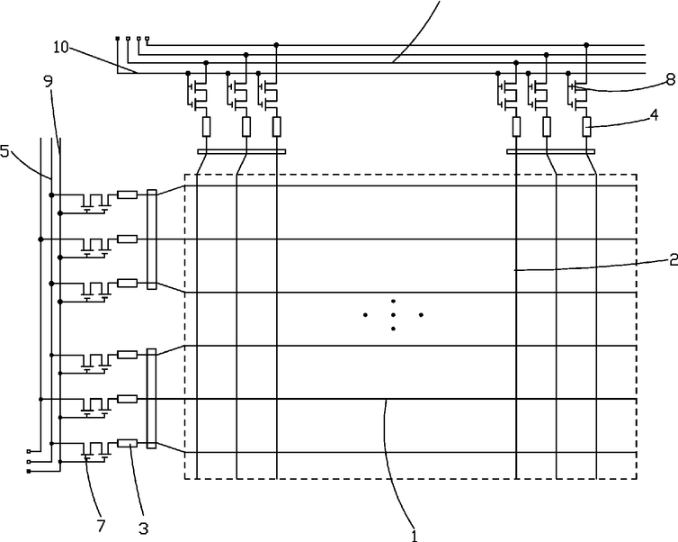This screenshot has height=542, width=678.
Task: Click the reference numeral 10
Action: tap(61, 47)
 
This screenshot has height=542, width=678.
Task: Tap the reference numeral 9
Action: tap(49, 81)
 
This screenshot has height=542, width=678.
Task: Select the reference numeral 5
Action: tap(4, 151)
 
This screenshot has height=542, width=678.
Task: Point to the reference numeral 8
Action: tap(671, 79)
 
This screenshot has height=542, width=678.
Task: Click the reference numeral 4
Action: tap(655, 115)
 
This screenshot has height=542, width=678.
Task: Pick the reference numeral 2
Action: tap(674, 259)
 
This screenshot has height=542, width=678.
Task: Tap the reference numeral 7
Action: tap(101, 526)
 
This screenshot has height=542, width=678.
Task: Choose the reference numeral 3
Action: tap(144, 528)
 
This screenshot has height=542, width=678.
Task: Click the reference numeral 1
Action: tap(415, 536)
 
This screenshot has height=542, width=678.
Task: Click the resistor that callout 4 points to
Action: tap(587, 126)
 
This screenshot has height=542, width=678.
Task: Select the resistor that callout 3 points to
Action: tap(128, 443)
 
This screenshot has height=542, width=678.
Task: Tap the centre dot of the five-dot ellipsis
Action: tap(393, 315)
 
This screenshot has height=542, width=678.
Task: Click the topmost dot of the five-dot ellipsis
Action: tap(393, 301)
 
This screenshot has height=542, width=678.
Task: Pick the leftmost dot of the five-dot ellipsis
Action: tap(365, 315)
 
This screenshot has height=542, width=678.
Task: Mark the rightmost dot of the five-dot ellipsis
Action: tap(421, 315)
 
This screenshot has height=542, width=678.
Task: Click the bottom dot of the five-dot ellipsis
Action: tap(393, 329)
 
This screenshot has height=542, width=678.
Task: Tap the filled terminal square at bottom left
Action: tap(29, 471)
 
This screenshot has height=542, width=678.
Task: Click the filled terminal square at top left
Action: tap(117, 39)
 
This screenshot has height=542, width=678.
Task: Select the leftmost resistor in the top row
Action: tap(206, 126)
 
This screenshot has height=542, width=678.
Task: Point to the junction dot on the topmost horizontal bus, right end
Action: tap(586, 45)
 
